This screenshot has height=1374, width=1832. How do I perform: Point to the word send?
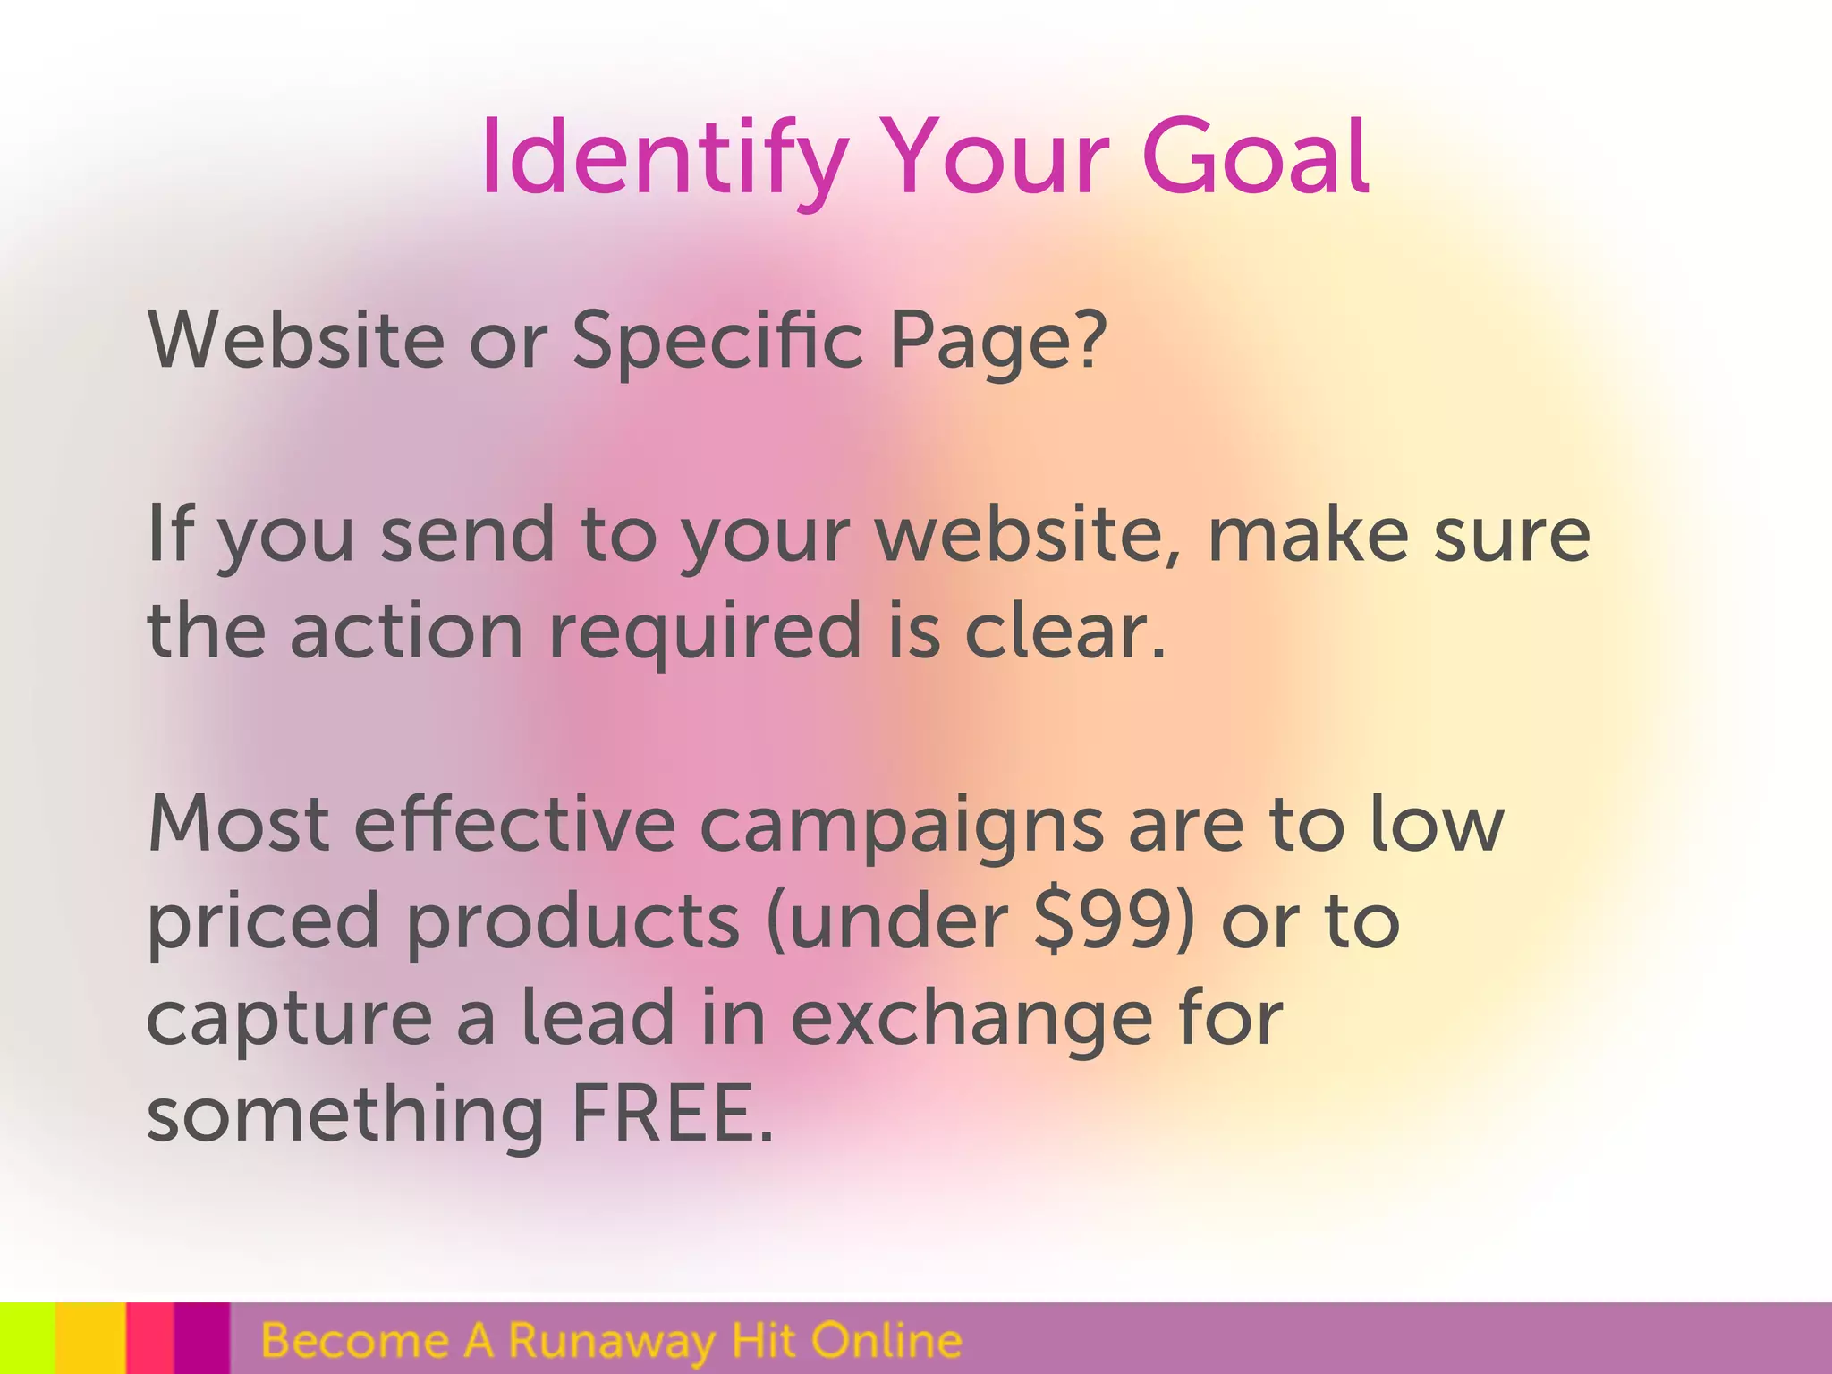coord(468,534)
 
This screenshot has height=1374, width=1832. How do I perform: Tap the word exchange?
coord(971,1020)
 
